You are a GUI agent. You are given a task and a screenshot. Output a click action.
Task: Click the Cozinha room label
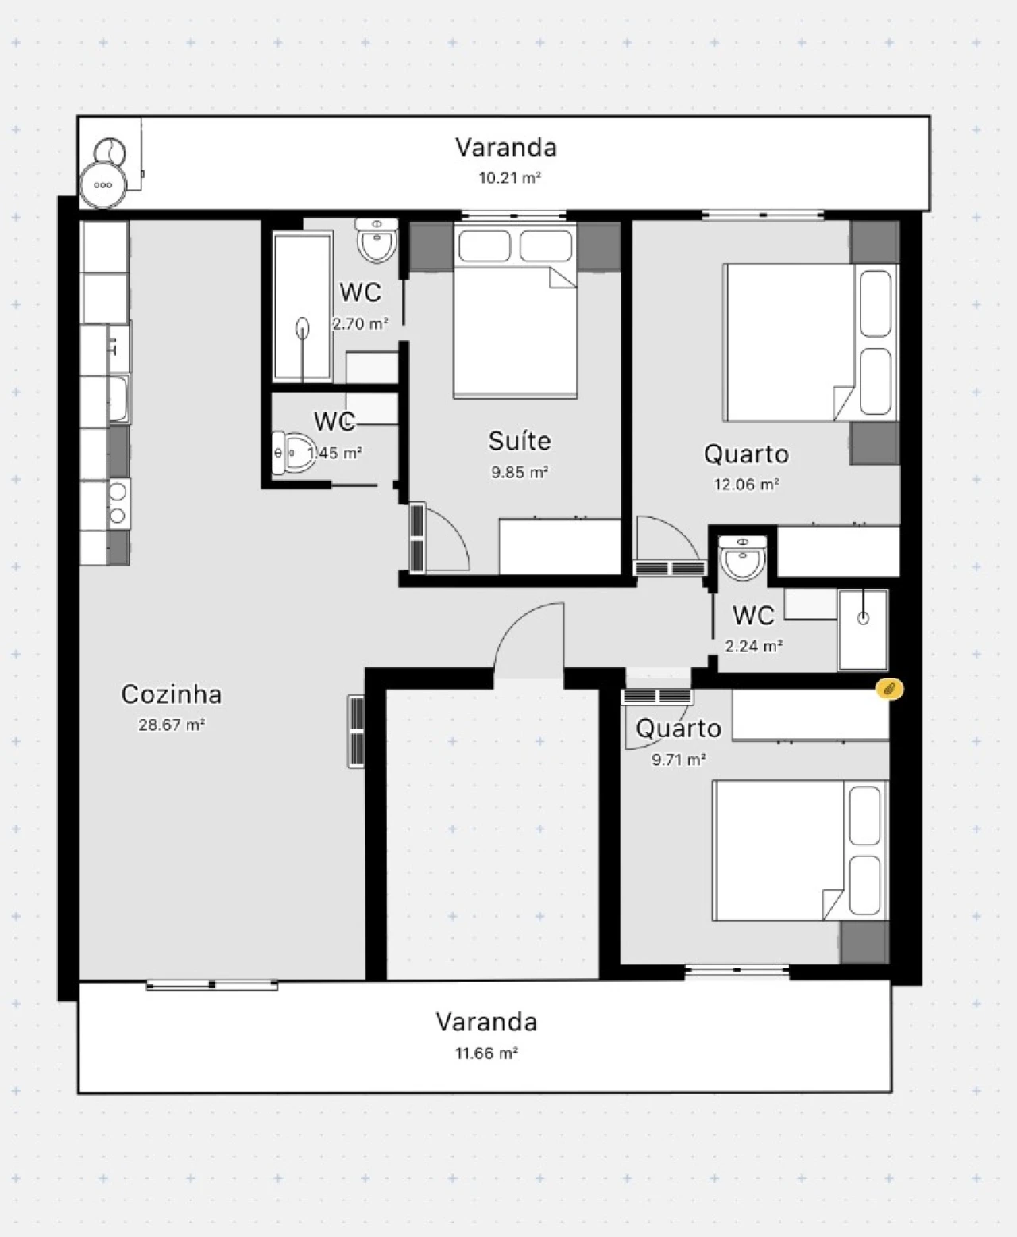point(172,694)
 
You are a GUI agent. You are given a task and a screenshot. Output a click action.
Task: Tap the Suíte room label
point(520,440)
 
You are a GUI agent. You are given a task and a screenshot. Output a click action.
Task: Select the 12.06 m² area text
point(746,485)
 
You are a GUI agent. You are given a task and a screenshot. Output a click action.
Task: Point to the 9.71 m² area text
point(679,760)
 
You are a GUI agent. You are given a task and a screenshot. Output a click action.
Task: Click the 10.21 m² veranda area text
point(509,178)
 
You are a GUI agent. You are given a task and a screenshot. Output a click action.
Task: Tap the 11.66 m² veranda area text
point(487,1053)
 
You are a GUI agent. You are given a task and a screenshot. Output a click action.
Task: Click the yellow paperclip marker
point(889,689)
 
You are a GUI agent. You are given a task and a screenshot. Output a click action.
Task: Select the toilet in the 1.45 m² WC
point(293,453)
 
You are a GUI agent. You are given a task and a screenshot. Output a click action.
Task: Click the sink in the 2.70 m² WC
point(377,241)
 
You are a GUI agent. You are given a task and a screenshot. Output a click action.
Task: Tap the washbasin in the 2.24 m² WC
point(743,558)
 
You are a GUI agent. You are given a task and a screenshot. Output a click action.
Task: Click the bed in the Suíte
point(515,311)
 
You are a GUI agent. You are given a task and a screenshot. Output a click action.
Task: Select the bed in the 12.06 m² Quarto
point(810,342)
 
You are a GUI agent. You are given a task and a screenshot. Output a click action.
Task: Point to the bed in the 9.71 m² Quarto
point(801,850)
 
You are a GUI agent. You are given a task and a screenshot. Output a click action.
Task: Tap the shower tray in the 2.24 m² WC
point(863,630)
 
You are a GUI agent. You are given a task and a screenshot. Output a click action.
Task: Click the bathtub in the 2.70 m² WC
point(303,307)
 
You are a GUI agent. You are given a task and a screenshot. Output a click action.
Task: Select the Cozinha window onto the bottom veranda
point(211,985)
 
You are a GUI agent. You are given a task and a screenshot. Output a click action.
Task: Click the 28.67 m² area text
point(172,725)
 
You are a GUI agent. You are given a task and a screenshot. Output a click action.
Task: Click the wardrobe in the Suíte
point(560,547)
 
